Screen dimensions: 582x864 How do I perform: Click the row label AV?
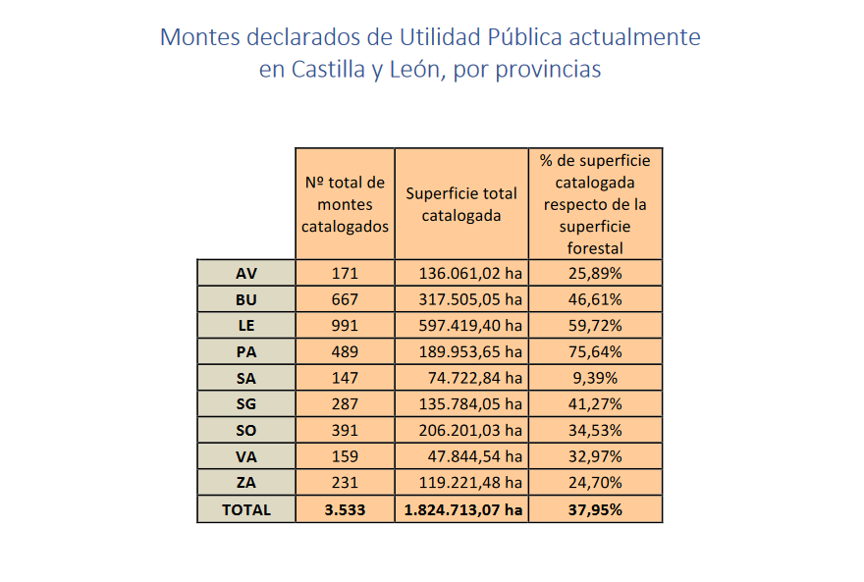coord(245,273)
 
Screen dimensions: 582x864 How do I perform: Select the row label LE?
coord(245,325)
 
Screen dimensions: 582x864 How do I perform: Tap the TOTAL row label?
coord(245,509)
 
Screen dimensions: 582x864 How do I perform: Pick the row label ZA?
coord(245,482)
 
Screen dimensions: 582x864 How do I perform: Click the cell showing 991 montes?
coord(345,325)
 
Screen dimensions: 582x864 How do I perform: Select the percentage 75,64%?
coord(595,351)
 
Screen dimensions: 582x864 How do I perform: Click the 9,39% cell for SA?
coord(595,378)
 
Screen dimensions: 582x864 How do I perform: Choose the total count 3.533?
coord(345,509)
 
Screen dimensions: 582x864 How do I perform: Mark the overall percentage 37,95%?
coord(595,509)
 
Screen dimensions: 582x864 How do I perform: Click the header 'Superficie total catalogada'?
coord(461,204)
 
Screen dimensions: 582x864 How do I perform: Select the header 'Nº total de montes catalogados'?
coord(345,204)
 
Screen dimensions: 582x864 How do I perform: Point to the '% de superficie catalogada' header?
coord(595,204)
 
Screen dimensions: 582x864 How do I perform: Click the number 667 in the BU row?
coord(345,299)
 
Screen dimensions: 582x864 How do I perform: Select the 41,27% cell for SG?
coord(595,403)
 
